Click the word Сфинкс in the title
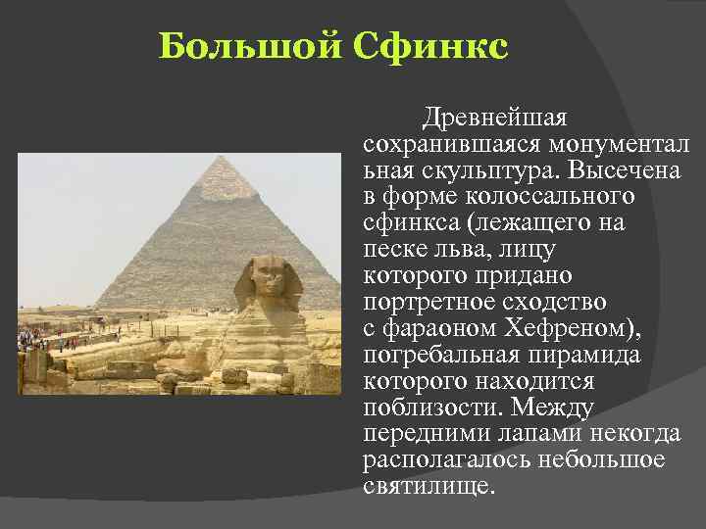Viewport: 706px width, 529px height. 429,46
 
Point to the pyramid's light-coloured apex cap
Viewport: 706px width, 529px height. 227,177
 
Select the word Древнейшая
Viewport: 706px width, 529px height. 494,120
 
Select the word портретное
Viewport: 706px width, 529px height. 429,300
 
